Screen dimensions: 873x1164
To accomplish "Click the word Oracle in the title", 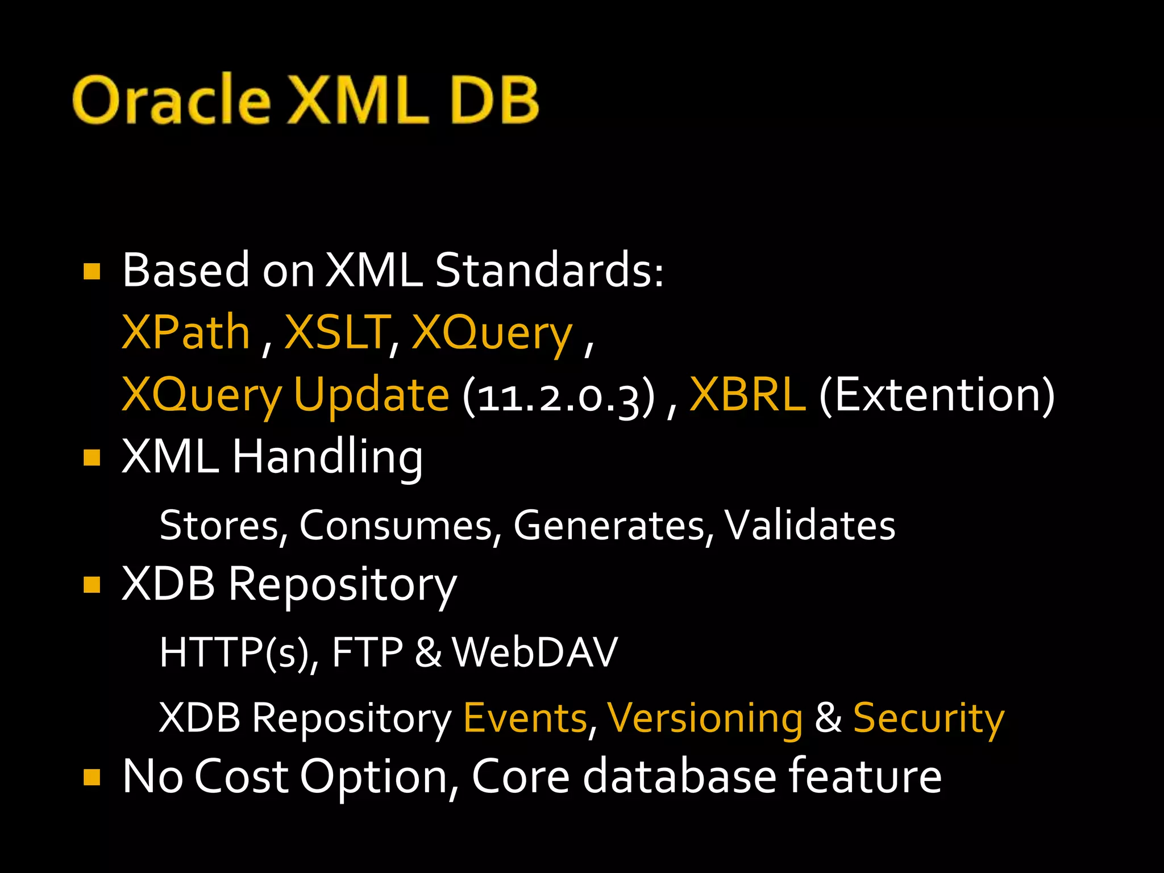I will [171, 99].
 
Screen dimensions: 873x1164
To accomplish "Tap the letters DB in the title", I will [494, 99].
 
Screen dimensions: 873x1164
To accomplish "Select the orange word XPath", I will [186, 332].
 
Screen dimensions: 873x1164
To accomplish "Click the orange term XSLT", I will [336, 332].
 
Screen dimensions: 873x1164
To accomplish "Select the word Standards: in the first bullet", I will [549, 270].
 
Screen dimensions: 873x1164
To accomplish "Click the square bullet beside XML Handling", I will [92, 458].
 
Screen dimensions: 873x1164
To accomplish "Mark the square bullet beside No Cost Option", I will [92, 776].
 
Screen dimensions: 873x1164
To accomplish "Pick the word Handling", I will [327, 458].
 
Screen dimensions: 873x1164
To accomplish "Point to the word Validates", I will [810, 525].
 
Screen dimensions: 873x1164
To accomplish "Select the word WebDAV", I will [535, 652].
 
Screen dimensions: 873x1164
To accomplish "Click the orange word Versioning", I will [705, 718].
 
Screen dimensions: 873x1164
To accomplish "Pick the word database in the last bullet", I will [679, 776].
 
